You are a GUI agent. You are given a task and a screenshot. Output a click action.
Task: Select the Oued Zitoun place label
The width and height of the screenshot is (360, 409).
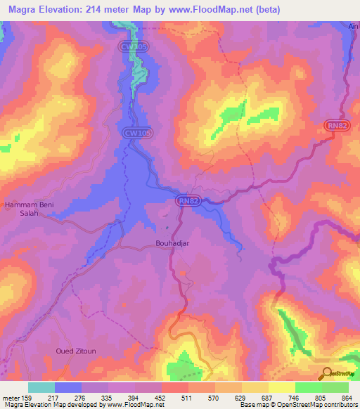pyautogui.click(x=74, y=350)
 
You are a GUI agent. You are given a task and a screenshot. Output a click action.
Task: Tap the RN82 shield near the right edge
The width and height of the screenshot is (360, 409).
pyautogui.click(x=336, y=125)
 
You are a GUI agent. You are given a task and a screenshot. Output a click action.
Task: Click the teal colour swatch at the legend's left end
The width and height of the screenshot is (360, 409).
pyautogui.click(x=41, y=387)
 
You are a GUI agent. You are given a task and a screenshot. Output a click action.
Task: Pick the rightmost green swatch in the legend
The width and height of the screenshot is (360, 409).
pyautogui.click(x=335, y=387)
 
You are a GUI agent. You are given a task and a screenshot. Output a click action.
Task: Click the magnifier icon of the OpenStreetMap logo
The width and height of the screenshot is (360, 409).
pyautogui.click(x=326, y=373)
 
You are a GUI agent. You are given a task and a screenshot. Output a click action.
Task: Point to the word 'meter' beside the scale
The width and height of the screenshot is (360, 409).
pyautogui.click(x=11, y=397)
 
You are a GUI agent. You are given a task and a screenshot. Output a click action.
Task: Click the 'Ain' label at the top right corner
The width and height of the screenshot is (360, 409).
pyautogui.click(x=354, y=26)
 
